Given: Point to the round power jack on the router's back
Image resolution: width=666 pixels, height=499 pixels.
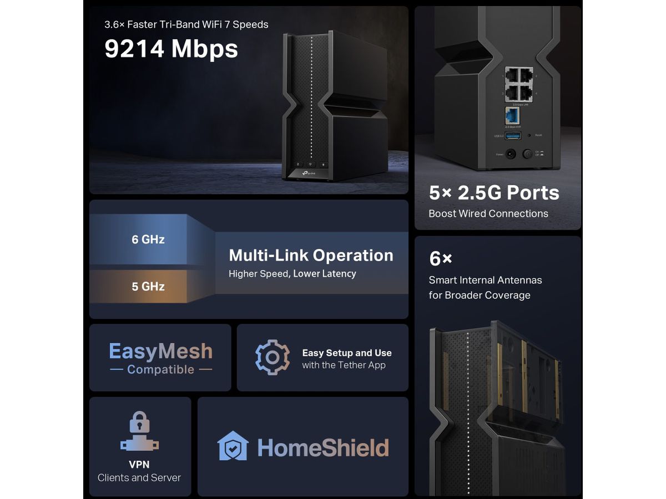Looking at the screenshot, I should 511,155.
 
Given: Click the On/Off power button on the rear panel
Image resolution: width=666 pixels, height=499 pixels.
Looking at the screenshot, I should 527,155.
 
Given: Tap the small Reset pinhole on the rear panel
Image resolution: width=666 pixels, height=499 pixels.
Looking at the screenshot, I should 529,136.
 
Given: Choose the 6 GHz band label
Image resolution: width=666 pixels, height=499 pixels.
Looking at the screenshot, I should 148,240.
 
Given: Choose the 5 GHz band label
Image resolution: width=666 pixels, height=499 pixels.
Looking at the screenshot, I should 148,286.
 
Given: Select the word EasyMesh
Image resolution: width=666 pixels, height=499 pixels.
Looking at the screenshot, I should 160,351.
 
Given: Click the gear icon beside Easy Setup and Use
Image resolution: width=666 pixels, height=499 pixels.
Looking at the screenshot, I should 272,357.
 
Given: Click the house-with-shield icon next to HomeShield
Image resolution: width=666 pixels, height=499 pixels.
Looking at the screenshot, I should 233,446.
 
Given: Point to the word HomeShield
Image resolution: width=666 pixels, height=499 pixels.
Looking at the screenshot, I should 323,447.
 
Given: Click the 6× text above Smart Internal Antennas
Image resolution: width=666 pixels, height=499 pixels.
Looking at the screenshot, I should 441,258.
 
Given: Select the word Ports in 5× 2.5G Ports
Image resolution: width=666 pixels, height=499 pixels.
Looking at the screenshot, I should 532,192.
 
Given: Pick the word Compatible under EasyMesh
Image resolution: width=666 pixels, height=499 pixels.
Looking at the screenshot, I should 160,370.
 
